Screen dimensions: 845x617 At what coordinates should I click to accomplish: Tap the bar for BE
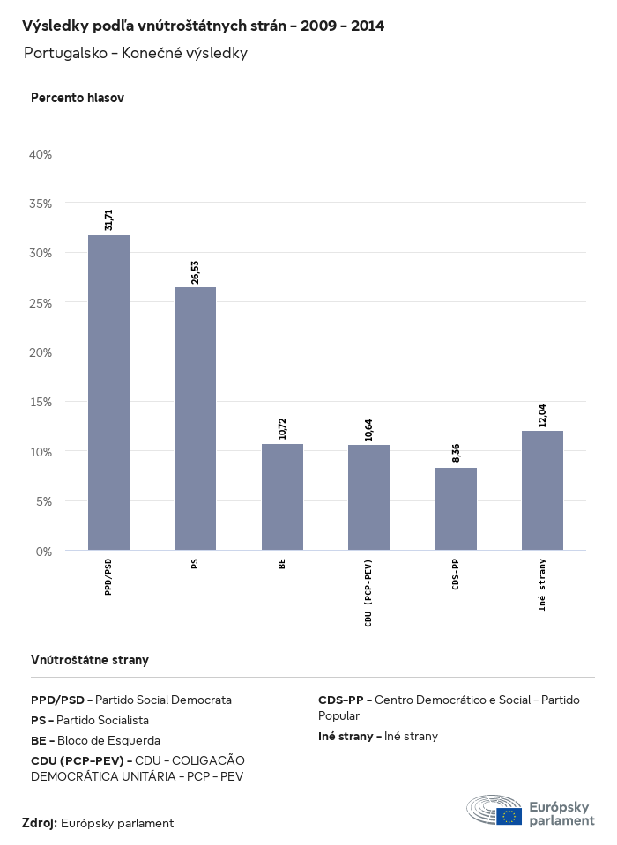(x=282, y=497)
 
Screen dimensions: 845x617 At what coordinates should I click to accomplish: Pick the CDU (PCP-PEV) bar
(x=368, y=498)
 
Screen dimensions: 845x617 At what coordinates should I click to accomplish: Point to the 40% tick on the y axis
(x=41, y=154)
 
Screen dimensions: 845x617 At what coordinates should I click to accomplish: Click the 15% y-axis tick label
(x=41, y=402)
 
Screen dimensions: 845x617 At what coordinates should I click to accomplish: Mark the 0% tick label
(x=44, y=552)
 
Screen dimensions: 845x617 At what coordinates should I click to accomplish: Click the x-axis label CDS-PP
(x=456, y=574)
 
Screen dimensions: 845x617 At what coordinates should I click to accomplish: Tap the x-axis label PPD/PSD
(x=108, y=577)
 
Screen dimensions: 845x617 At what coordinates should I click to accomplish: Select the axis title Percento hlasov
(x=78, y=98)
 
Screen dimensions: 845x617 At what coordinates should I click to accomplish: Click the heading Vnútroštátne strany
(x=90, y=659)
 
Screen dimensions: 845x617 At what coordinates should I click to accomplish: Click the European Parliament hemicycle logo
(x=494, y=810)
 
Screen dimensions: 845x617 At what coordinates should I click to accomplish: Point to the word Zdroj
(x=39, y=823)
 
